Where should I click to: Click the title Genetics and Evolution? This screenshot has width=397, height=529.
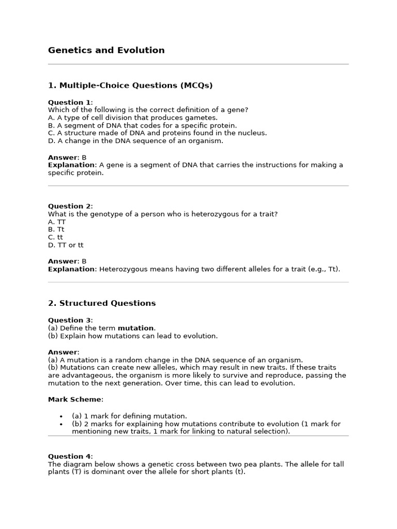pos(106,50)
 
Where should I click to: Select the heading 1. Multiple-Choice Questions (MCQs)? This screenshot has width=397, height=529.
pos(130,85)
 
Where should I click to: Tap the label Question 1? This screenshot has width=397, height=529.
pos(69,102)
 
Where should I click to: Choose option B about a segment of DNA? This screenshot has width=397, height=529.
pos(142,126)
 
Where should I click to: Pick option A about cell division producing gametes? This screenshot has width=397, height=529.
pos(133,118)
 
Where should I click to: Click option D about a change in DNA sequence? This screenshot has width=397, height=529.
pos(135,141)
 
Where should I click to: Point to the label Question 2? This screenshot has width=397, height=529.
pos(69,206)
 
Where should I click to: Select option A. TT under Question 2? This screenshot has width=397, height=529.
pos(57,222)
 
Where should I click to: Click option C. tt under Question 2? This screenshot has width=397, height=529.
pos(55,237)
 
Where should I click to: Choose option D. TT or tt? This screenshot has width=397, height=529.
pos(66,245)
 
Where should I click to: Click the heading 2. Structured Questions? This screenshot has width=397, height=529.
pos(102,303)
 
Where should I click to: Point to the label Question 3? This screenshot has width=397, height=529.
pos(69,320)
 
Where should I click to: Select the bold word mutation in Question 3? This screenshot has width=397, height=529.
pos(135,328)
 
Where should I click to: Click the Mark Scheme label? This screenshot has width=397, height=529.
pos(75,399)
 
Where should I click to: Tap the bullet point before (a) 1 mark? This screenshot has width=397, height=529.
pos(61,416)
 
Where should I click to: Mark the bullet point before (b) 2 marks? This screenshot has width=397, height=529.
pos(61,424)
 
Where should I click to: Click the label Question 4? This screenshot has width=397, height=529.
pos(69,457)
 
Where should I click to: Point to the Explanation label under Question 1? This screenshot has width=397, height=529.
pos(72,165)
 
